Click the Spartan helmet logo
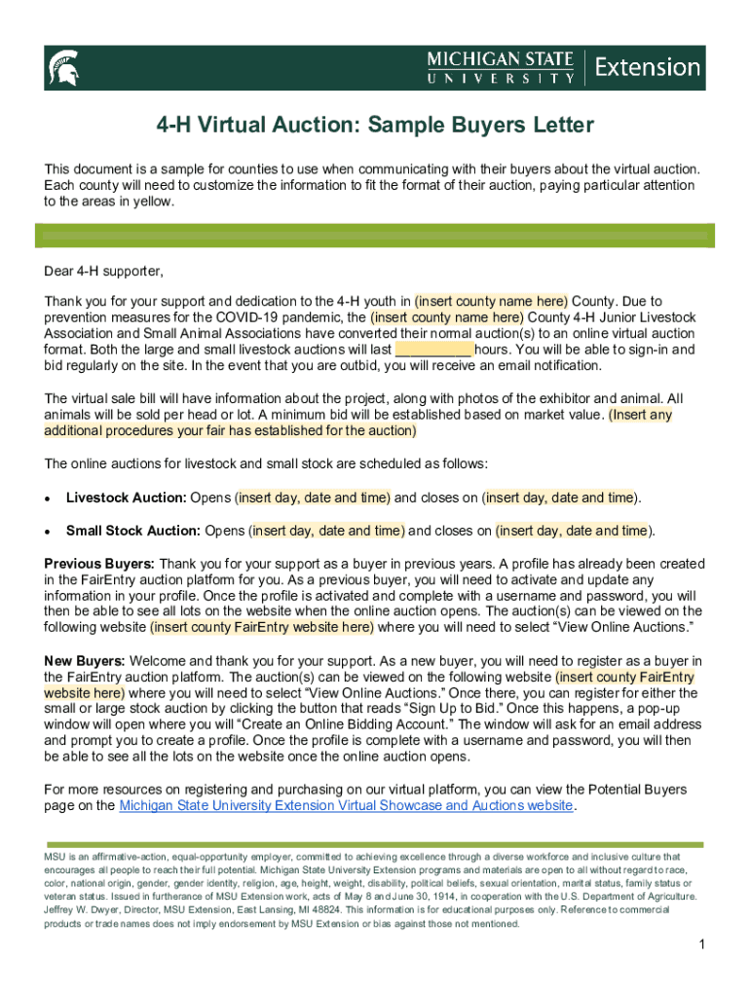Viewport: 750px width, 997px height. click(x=62, y=68)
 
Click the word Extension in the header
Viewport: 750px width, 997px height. click(x=647, y=67)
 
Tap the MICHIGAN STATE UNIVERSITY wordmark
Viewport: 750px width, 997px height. click(x=500, y=67)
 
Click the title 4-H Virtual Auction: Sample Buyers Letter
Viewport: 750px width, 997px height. click(x=376, y=127)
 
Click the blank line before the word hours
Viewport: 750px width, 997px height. click(x=434, y=350)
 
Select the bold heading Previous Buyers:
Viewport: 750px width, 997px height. click(x=99, y=564)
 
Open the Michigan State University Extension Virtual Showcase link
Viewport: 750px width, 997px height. click(x=346, y=806)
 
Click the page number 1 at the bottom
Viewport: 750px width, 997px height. click(x=701, y=945)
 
